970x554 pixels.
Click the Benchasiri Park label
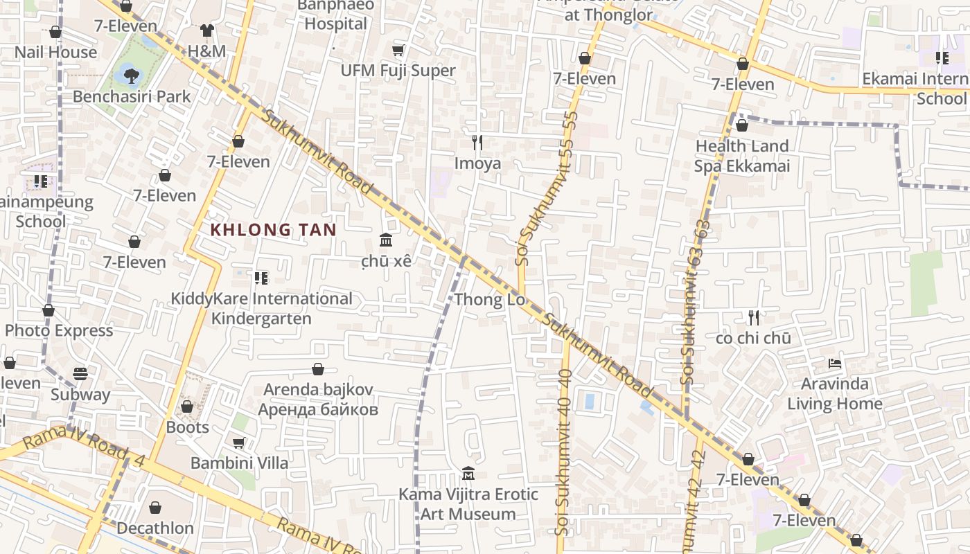point(132,96)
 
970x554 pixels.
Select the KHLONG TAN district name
point(273,230)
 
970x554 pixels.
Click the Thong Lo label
point(490,300)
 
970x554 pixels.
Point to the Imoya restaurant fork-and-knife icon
point(477,143)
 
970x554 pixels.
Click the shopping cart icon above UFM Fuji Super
point(398,50)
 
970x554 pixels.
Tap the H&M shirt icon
point(206,30)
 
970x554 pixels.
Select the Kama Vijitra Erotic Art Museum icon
point(468,474)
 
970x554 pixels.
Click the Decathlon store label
point(155,528)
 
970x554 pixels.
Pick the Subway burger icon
point(80,374)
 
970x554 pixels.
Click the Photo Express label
point(59,330)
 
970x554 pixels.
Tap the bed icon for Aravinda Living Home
point(835,363)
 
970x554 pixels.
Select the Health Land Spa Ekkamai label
point(742,156)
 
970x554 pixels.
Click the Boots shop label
point(187,427)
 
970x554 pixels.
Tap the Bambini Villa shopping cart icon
point(239,443)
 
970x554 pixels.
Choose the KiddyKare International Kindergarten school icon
point(261,278)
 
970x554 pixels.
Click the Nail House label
point(55,52)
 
